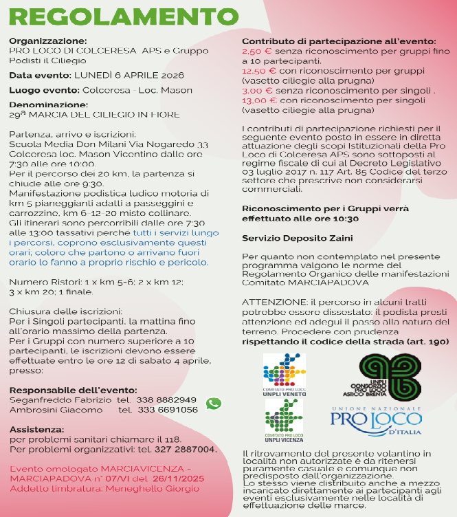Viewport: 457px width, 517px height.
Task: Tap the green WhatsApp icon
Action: [x=214, y=404]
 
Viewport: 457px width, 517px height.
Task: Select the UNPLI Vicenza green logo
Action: [x=283, y=418]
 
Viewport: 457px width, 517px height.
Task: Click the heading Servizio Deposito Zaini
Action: [x=287, y=238]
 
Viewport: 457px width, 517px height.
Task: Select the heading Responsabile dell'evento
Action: [x=73, y=390]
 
